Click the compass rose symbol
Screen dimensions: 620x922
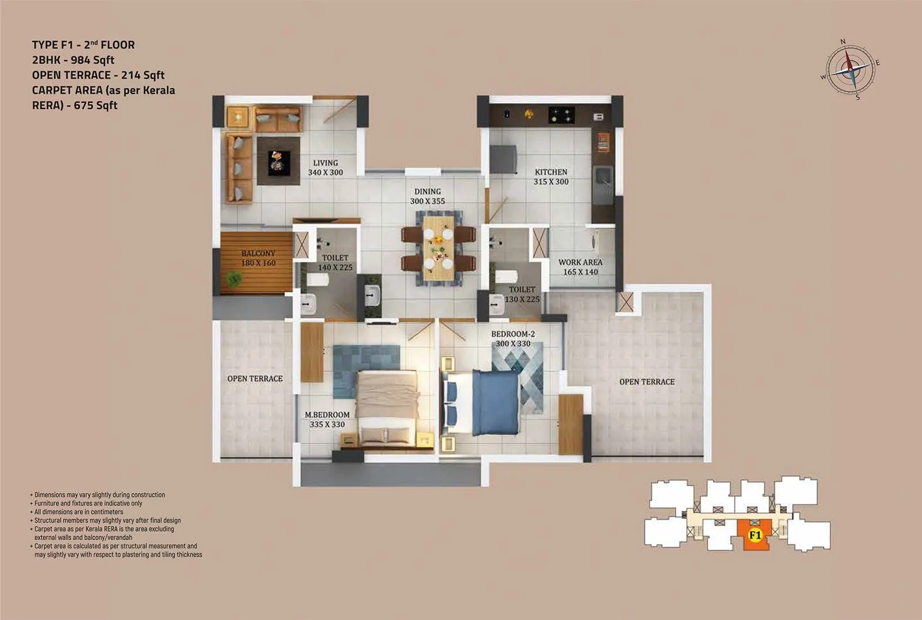(851, 68)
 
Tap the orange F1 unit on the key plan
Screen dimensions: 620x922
(755, 535)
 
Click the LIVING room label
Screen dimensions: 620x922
(326, 163)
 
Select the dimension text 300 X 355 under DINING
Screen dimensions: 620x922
(428, 201)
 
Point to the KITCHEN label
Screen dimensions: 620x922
(551, 172)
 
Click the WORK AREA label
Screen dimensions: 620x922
(580, 262)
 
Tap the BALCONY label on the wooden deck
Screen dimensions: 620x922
(258, 253)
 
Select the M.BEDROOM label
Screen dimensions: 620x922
(327, 415)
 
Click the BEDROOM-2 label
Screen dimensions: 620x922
(513, 334)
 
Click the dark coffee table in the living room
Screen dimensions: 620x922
(278, 160)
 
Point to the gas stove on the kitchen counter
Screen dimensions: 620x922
(561, 115)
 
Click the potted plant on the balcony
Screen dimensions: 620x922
(234, 279)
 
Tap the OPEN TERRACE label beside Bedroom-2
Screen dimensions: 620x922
(647, 382)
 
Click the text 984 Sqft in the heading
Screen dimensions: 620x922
(92, 60)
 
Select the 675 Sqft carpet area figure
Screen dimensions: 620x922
(96, 105)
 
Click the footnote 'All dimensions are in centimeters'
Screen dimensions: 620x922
(78, 512)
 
